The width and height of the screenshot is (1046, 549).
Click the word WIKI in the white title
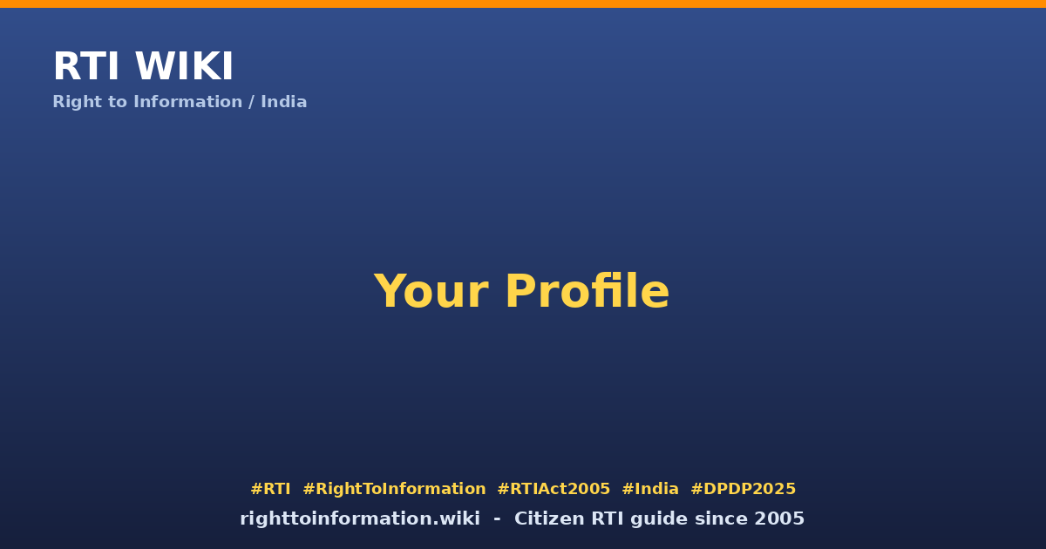[x=184, y=66]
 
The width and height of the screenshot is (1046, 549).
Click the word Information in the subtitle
[x=187, y=102]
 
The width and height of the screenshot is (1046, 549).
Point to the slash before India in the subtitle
[x=251, y=102]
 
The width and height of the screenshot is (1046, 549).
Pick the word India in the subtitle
[x=283, y=102]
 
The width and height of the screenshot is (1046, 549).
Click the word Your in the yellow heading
[x=431, y=291]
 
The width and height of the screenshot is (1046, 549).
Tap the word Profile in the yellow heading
[x=588, y=290]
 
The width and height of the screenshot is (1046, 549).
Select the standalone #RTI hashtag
[x=270, y=489]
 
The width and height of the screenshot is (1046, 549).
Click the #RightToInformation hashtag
[x=394, y=489]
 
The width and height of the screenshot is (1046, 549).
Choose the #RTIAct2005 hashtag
[x=554, y=489]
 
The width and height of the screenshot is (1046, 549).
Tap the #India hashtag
[x=650, y=489]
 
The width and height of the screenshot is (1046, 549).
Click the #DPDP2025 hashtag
[x=743, y=489]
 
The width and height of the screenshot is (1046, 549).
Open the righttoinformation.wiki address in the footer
[x=359, y=519]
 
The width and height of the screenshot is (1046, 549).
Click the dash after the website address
[x=497, y=519]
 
